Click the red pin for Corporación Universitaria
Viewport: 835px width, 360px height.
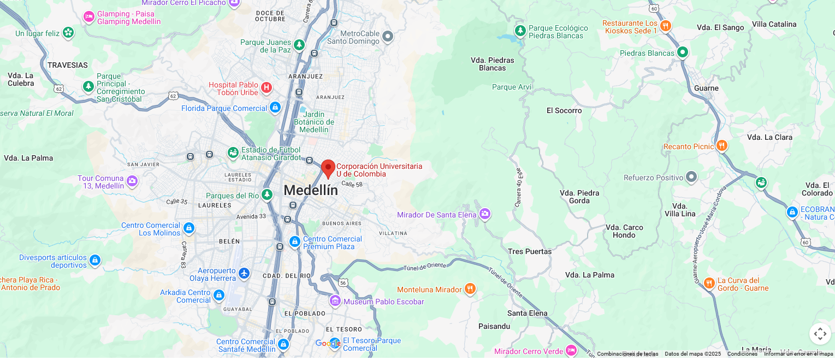[x=328, y=168]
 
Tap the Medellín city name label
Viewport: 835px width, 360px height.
[x=311, y=191]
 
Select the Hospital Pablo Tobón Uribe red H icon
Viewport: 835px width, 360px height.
[x=266, y=87]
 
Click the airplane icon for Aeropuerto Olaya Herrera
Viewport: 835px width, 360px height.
[x=244, y=273]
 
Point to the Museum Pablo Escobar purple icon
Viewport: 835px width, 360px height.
[x=335, y=301]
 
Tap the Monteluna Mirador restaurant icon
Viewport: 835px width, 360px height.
[x=470, y=289]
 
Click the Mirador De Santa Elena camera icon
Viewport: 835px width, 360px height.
[x=484, y=214]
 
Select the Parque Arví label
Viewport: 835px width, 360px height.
[x=511, y=87]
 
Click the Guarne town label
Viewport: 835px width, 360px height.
[x=706, y=88]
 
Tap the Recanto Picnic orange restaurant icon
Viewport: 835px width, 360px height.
[x=721, y=146]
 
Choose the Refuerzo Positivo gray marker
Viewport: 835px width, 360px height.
[x=691, y=177]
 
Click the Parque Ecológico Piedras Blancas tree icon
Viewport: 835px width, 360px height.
[x=520, y=31]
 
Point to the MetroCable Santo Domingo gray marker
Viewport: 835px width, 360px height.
[x=388, y=37]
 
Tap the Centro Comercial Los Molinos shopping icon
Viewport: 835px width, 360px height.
[x=188, y=228]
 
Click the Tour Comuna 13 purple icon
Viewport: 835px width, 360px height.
[x=132, y=181]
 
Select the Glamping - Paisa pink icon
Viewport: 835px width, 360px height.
[x=89, y=17]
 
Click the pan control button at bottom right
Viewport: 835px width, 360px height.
[x=820, y=334]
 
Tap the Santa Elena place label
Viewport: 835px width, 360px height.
[x=527, y=313]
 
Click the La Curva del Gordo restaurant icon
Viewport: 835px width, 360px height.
[x=709, y=283]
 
